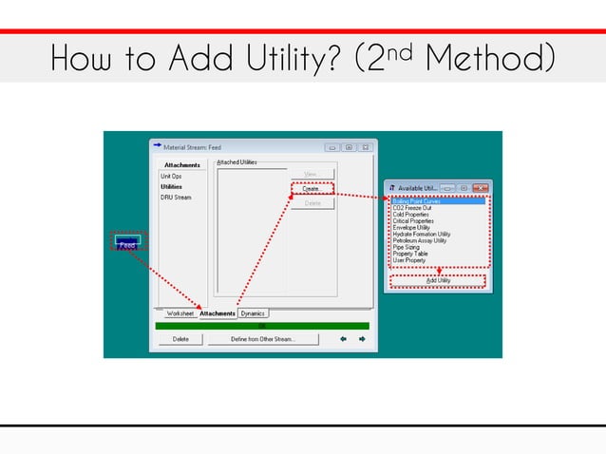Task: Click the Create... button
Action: click(312, 189)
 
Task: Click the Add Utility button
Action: click(438, 280)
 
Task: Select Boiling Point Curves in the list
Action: click(416, 201)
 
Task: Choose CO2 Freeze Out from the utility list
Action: click(412, 208)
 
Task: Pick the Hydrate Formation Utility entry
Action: click(422, 234)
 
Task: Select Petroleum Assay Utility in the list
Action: click(420, 240)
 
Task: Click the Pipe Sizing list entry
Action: click(406, 247)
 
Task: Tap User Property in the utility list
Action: click(410, 260)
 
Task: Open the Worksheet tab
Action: click(180, 313)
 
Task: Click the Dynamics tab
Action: click(254, 313)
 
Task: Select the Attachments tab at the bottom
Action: click(218, 313)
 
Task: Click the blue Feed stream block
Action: click(127, 243)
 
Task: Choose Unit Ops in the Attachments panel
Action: click(172, 176)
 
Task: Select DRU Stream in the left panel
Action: click(176, 198)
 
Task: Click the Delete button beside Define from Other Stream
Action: click(180, 338)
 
